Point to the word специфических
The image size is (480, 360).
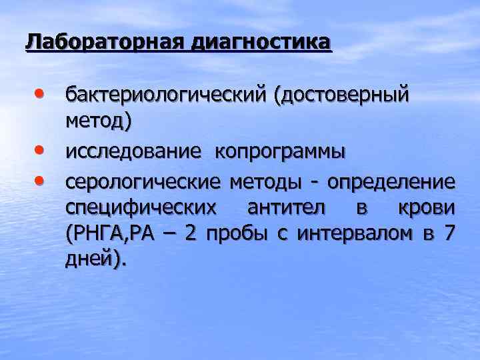point(141,207)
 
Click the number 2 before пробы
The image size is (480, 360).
point(190,234)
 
